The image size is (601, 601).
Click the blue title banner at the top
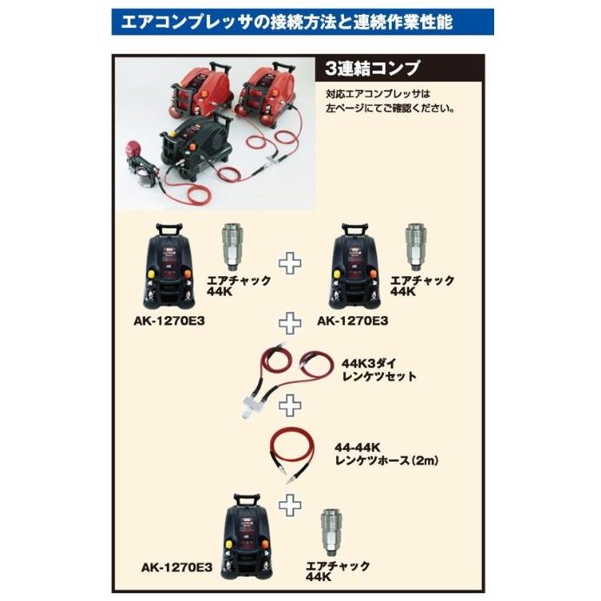pyautogui.click(x=301, y=20)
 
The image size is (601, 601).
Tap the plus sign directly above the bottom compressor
pyautogui.click(x=288, y=501)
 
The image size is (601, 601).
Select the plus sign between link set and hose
pyautogui.click(x=288, y=404)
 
